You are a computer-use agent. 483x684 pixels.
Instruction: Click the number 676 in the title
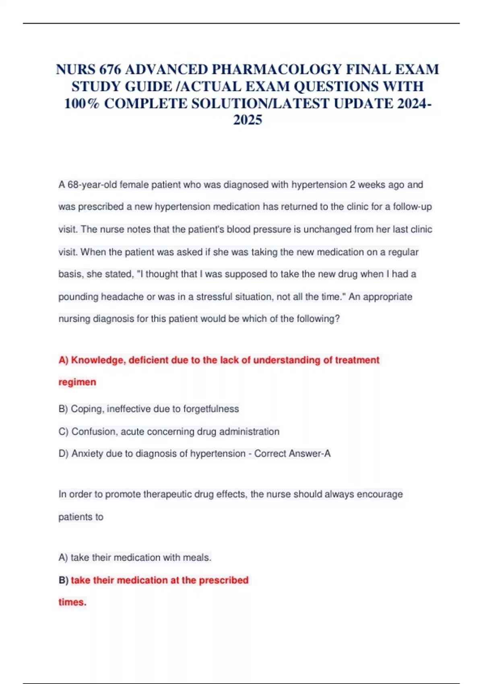click(110, 70)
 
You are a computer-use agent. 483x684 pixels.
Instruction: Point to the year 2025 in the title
click(248, 120)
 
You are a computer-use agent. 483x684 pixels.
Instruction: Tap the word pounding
click(78, 297)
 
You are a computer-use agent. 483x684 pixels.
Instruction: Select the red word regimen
click(77, 382)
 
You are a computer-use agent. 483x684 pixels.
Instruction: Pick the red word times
click(72, 602)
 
